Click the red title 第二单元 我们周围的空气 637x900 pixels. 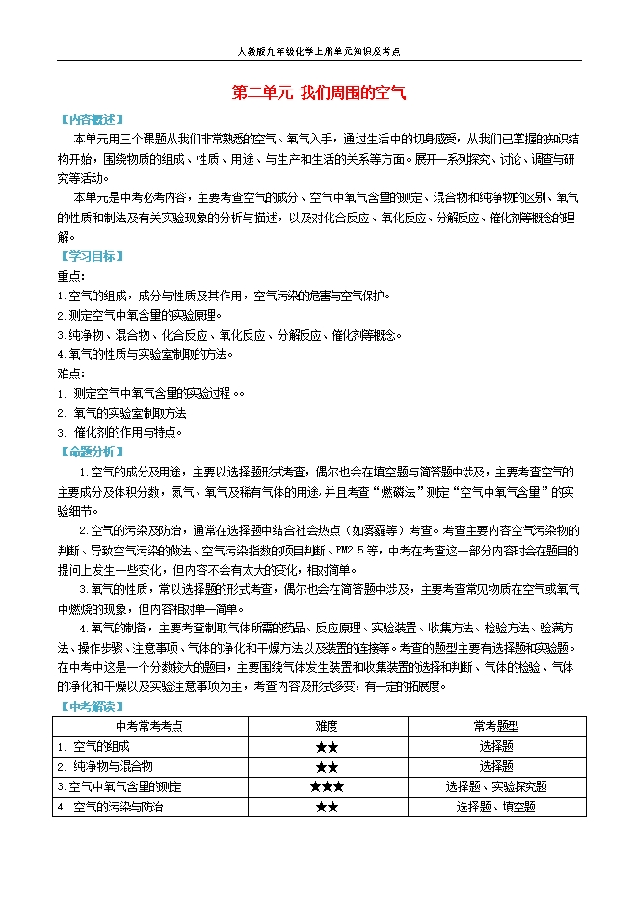pyautogui.click(x=319, y=93)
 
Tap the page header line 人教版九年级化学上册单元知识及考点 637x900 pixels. pyautogui.click(x=318, y=52)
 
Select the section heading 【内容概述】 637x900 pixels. pyautogui.click(x=90, y=119)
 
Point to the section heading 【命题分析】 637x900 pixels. pyautogui.click(x=90, y=451)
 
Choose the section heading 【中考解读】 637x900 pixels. pyautogui.click(x=90, y=706)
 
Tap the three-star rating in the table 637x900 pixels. pyautogui.click(x=326, y=787)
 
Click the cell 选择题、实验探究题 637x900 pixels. pyautogui.click(x=496, y=787)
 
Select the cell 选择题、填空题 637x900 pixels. pyautogui.click(x=496, y=808)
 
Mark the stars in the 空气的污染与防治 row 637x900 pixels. pyautogui.click(x=326, y=808)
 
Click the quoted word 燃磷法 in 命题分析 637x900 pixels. pyautogui.click(x=415, y=491)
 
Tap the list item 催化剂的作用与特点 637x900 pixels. pyautogui.click(x=126, y=432)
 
